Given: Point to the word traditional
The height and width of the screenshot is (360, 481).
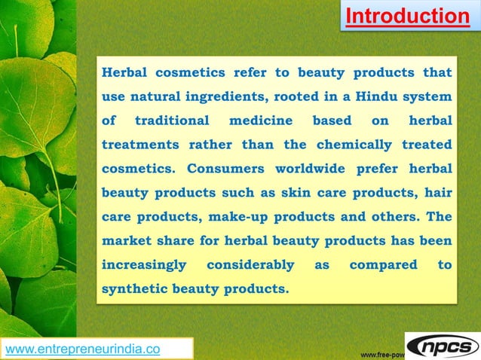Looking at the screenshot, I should (172, 121).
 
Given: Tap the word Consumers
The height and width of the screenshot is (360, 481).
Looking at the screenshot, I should (225, 168).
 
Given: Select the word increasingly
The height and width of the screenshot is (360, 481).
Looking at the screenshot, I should (144, 264).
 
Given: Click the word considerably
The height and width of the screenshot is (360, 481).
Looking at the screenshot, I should (250, 264).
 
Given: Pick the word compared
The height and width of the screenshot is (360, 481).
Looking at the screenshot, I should (383, 264).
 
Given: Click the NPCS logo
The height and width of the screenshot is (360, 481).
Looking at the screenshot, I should (443, 345).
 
